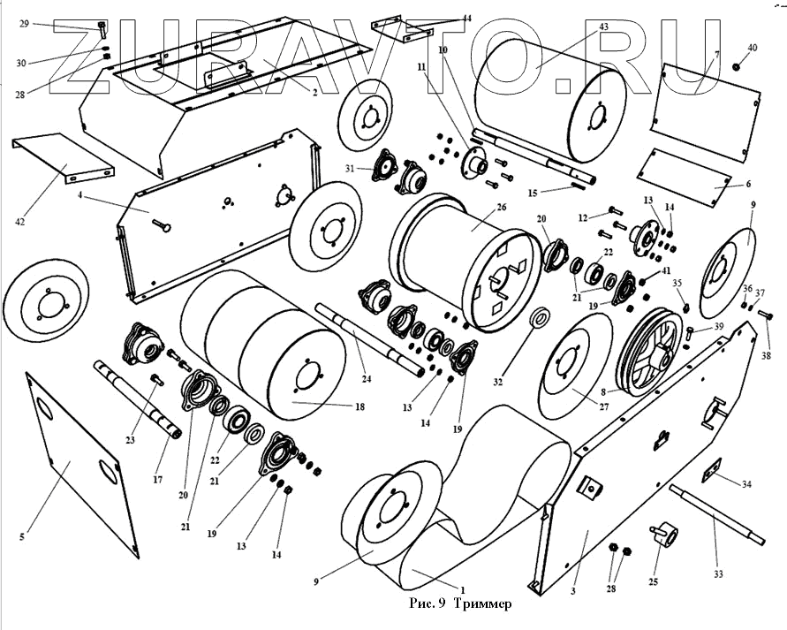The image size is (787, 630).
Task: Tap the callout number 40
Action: pos(752,47)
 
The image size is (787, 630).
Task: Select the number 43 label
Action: pos(603,27)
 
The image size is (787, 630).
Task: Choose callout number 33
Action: pos(718,574)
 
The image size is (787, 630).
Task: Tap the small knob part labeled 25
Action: pos(663,535)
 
